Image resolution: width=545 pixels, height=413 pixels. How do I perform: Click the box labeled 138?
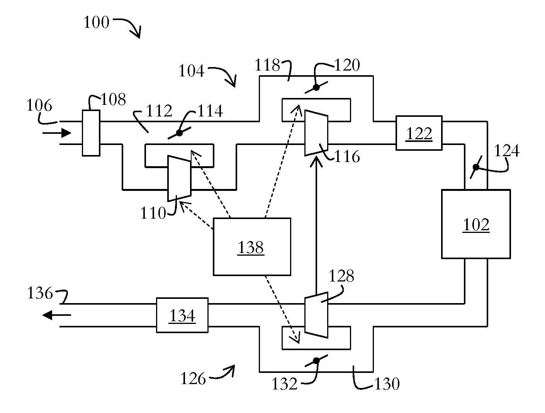pos(252,247)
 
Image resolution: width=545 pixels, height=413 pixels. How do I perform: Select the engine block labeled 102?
pos(476,224)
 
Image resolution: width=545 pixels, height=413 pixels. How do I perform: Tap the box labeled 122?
pos(419,133)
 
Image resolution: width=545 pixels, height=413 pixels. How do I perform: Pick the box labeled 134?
pos(182,315)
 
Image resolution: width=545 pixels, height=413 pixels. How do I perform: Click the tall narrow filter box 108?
pos(91,133)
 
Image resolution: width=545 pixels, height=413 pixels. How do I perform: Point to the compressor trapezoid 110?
pos(179,179)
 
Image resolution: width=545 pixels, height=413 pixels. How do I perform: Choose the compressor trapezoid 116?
pos(316,133)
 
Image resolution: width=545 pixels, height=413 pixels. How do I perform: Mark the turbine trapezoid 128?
pos(316,315)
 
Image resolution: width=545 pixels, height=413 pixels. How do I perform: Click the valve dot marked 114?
pos(179,133)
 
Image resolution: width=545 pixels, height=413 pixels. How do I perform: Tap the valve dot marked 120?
pos(316,88)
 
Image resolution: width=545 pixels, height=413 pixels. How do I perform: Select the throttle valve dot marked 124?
pos(476,167)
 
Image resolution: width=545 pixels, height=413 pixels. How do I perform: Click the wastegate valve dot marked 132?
pos(316,361)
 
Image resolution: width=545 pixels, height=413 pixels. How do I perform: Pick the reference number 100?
pos(97,22)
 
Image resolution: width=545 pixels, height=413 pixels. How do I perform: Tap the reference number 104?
pos(191,71)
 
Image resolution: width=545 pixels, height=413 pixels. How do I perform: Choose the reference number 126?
pos(193,379)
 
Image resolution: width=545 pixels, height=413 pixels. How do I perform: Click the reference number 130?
pos(387,384)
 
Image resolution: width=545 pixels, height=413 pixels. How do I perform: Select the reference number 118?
pos(267,66)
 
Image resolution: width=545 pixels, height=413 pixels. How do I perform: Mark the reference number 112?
pos(159,111)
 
